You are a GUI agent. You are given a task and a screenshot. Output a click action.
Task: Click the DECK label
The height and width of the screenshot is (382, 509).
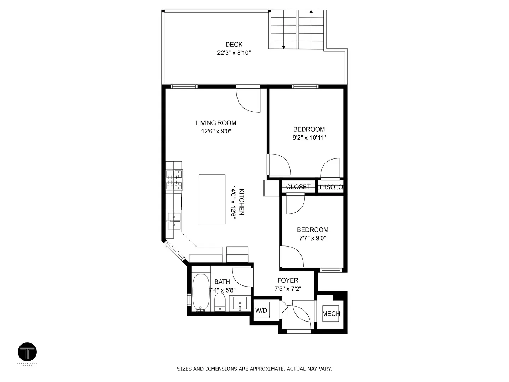(x=234, y=44)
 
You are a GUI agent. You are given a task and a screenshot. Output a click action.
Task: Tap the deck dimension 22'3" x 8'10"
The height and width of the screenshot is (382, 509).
(x=234, y=53)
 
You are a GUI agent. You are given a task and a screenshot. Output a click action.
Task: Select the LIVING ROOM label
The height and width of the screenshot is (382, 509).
(x=216, y=123)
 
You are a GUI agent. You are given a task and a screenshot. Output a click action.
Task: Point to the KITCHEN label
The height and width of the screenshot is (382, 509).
(x=241, y=202)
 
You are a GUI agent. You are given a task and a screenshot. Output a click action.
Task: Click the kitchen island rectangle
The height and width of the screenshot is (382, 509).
(x=212, y=199)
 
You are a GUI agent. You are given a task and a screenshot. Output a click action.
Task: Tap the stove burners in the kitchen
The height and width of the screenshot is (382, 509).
(x=174, y=180)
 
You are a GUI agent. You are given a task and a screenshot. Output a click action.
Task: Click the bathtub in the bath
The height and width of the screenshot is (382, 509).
(x=200, y=293)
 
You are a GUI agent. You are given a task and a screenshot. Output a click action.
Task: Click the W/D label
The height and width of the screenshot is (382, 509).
(x=261, y=310)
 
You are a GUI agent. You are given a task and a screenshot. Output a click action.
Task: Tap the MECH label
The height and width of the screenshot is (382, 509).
(x=331, y=314)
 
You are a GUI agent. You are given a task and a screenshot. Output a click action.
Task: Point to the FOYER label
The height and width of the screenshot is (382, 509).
(x=288, y=280)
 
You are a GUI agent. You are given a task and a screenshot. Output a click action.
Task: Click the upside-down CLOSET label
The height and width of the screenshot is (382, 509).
(x=331, y=187)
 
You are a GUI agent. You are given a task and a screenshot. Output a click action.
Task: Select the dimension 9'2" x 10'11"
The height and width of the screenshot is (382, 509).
(x=309, y=138)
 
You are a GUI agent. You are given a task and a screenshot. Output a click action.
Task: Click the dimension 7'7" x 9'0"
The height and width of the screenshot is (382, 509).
(x=312, y=238)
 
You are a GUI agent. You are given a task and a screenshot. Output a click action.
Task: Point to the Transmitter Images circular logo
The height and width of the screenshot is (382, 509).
(x=27, y=352)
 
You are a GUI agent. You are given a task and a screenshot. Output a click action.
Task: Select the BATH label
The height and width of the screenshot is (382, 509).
(x=222, y=282)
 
